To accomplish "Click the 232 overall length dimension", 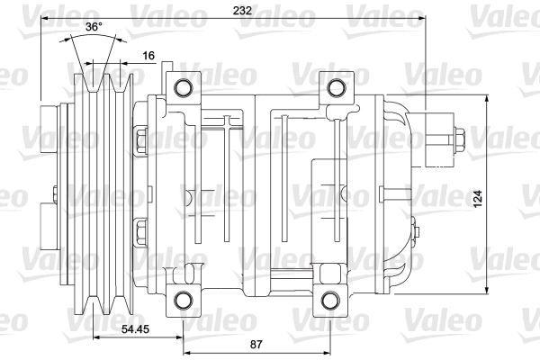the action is (242, 10).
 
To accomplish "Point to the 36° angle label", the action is (94, 26).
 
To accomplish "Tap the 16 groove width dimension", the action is (148, 56).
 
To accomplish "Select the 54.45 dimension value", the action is (135, 329).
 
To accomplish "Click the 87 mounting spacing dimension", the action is (256, 344).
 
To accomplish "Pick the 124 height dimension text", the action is (478, 199).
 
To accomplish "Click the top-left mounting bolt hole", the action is (184, 87).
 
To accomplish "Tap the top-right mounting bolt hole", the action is (336, 87).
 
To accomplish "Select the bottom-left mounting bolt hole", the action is (184, 300).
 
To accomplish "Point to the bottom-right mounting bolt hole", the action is (330, 300).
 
